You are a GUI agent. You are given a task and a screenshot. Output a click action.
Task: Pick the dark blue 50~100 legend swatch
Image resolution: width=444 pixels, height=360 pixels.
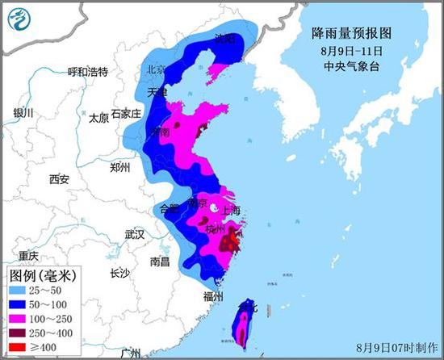[22, 303]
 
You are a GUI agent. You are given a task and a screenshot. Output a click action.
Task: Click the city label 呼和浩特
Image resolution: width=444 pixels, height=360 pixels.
[87, 72]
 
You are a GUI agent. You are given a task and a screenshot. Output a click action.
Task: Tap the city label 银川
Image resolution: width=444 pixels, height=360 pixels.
[23, 113]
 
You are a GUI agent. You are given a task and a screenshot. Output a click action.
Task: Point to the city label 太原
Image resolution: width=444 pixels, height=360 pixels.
[98, 118]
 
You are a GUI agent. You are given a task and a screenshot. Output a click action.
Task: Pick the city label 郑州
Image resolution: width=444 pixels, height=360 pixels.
[119, 168]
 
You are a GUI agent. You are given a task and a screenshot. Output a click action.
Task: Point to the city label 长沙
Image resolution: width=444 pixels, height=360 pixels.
[119, 273]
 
